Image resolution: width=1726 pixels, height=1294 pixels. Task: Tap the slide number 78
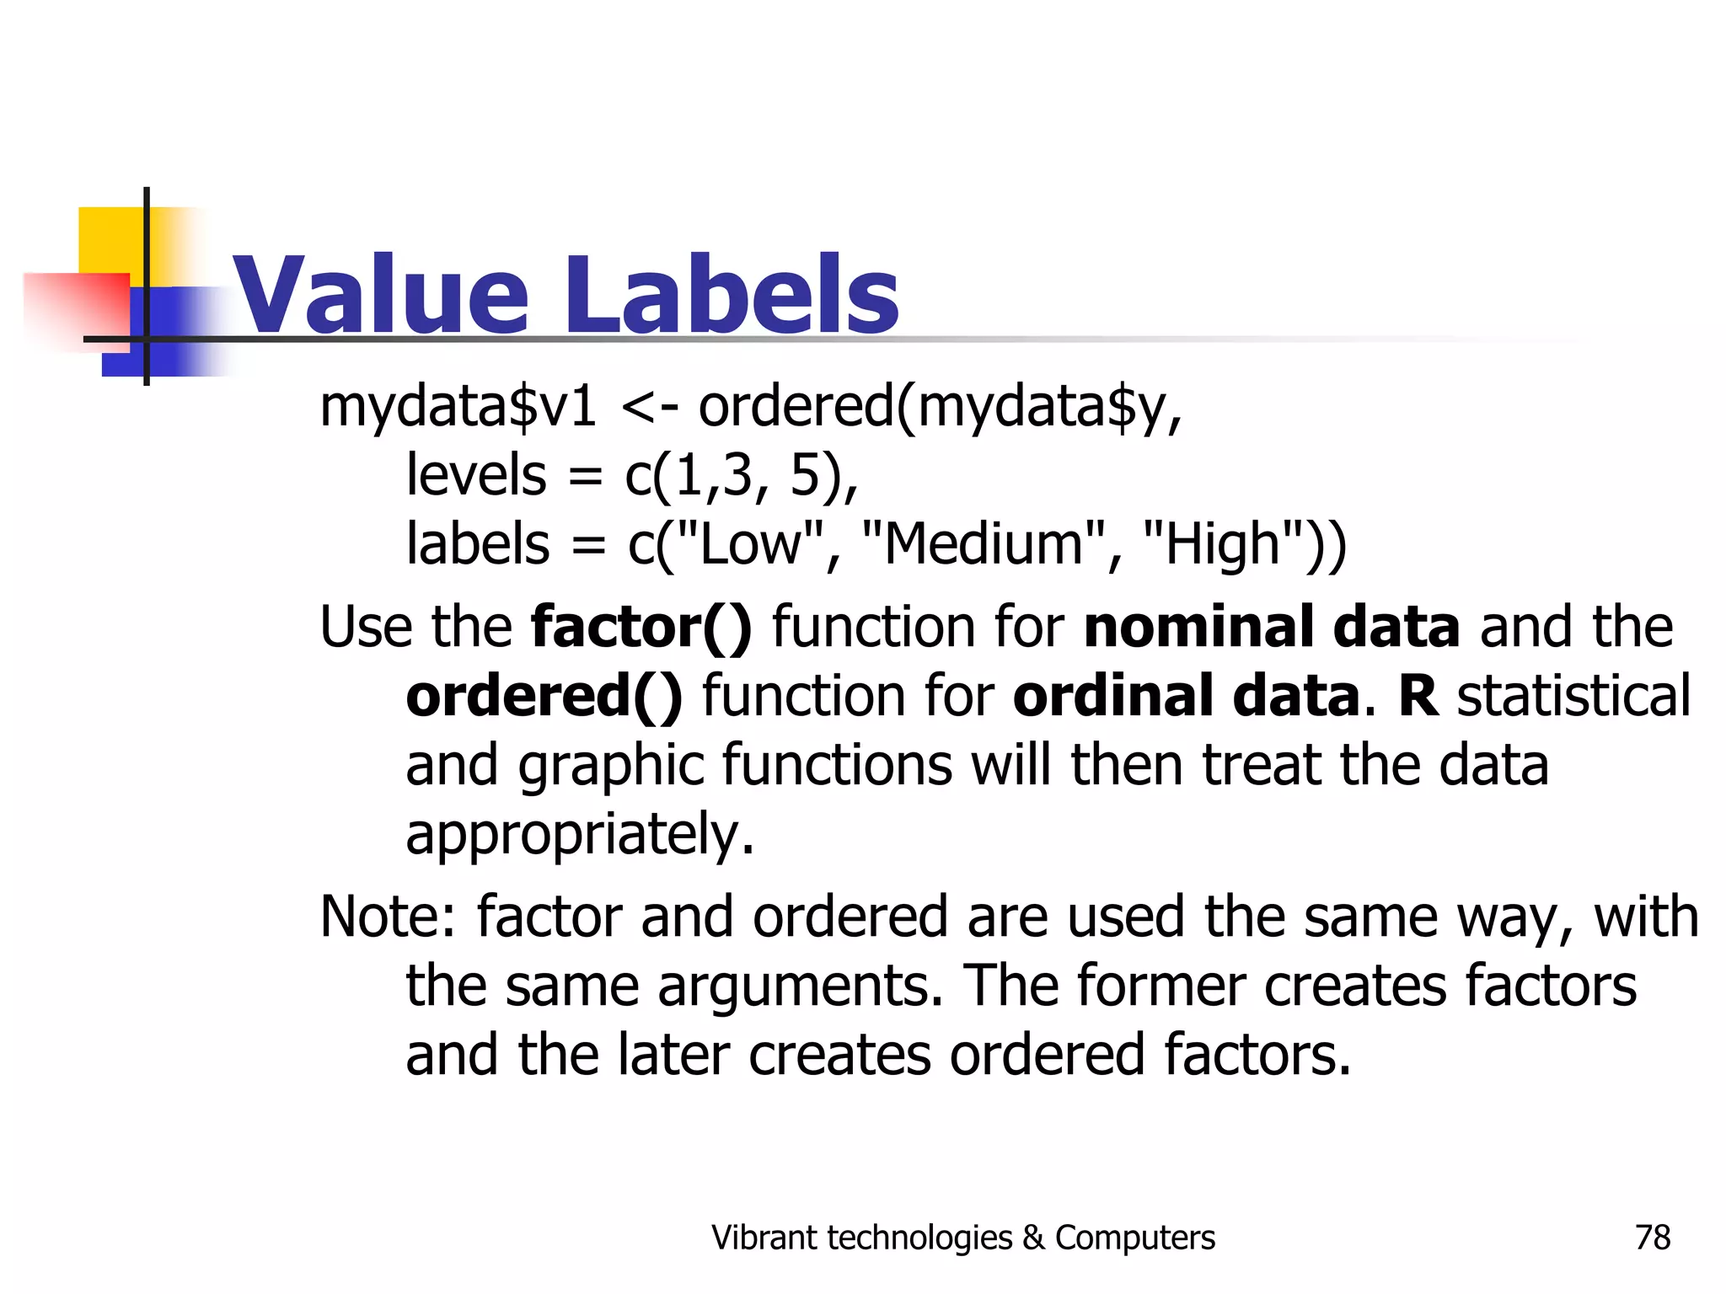click(x=1652, y=1238)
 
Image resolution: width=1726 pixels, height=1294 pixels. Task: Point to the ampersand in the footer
click(x=1032, y=1238)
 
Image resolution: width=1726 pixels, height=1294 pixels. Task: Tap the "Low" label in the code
click(x=749, y=543)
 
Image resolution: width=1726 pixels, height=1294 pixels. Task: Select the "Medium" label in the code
click(x=983, y=543)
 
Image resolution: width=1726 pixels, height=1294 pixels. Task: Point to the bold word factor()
click(x=641, y=628)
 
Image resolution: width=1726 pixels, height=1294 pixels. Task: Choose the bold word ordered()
click(x=544, y=697)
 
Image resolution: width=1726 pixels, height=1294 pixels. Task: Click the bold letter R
click(x=1418, y=697)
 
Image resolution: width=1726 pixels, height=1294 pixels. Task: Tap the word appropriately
click(x=580, y=835)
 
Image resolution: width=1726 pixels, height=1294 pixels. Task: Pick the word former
click(x=1160, y=987)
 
